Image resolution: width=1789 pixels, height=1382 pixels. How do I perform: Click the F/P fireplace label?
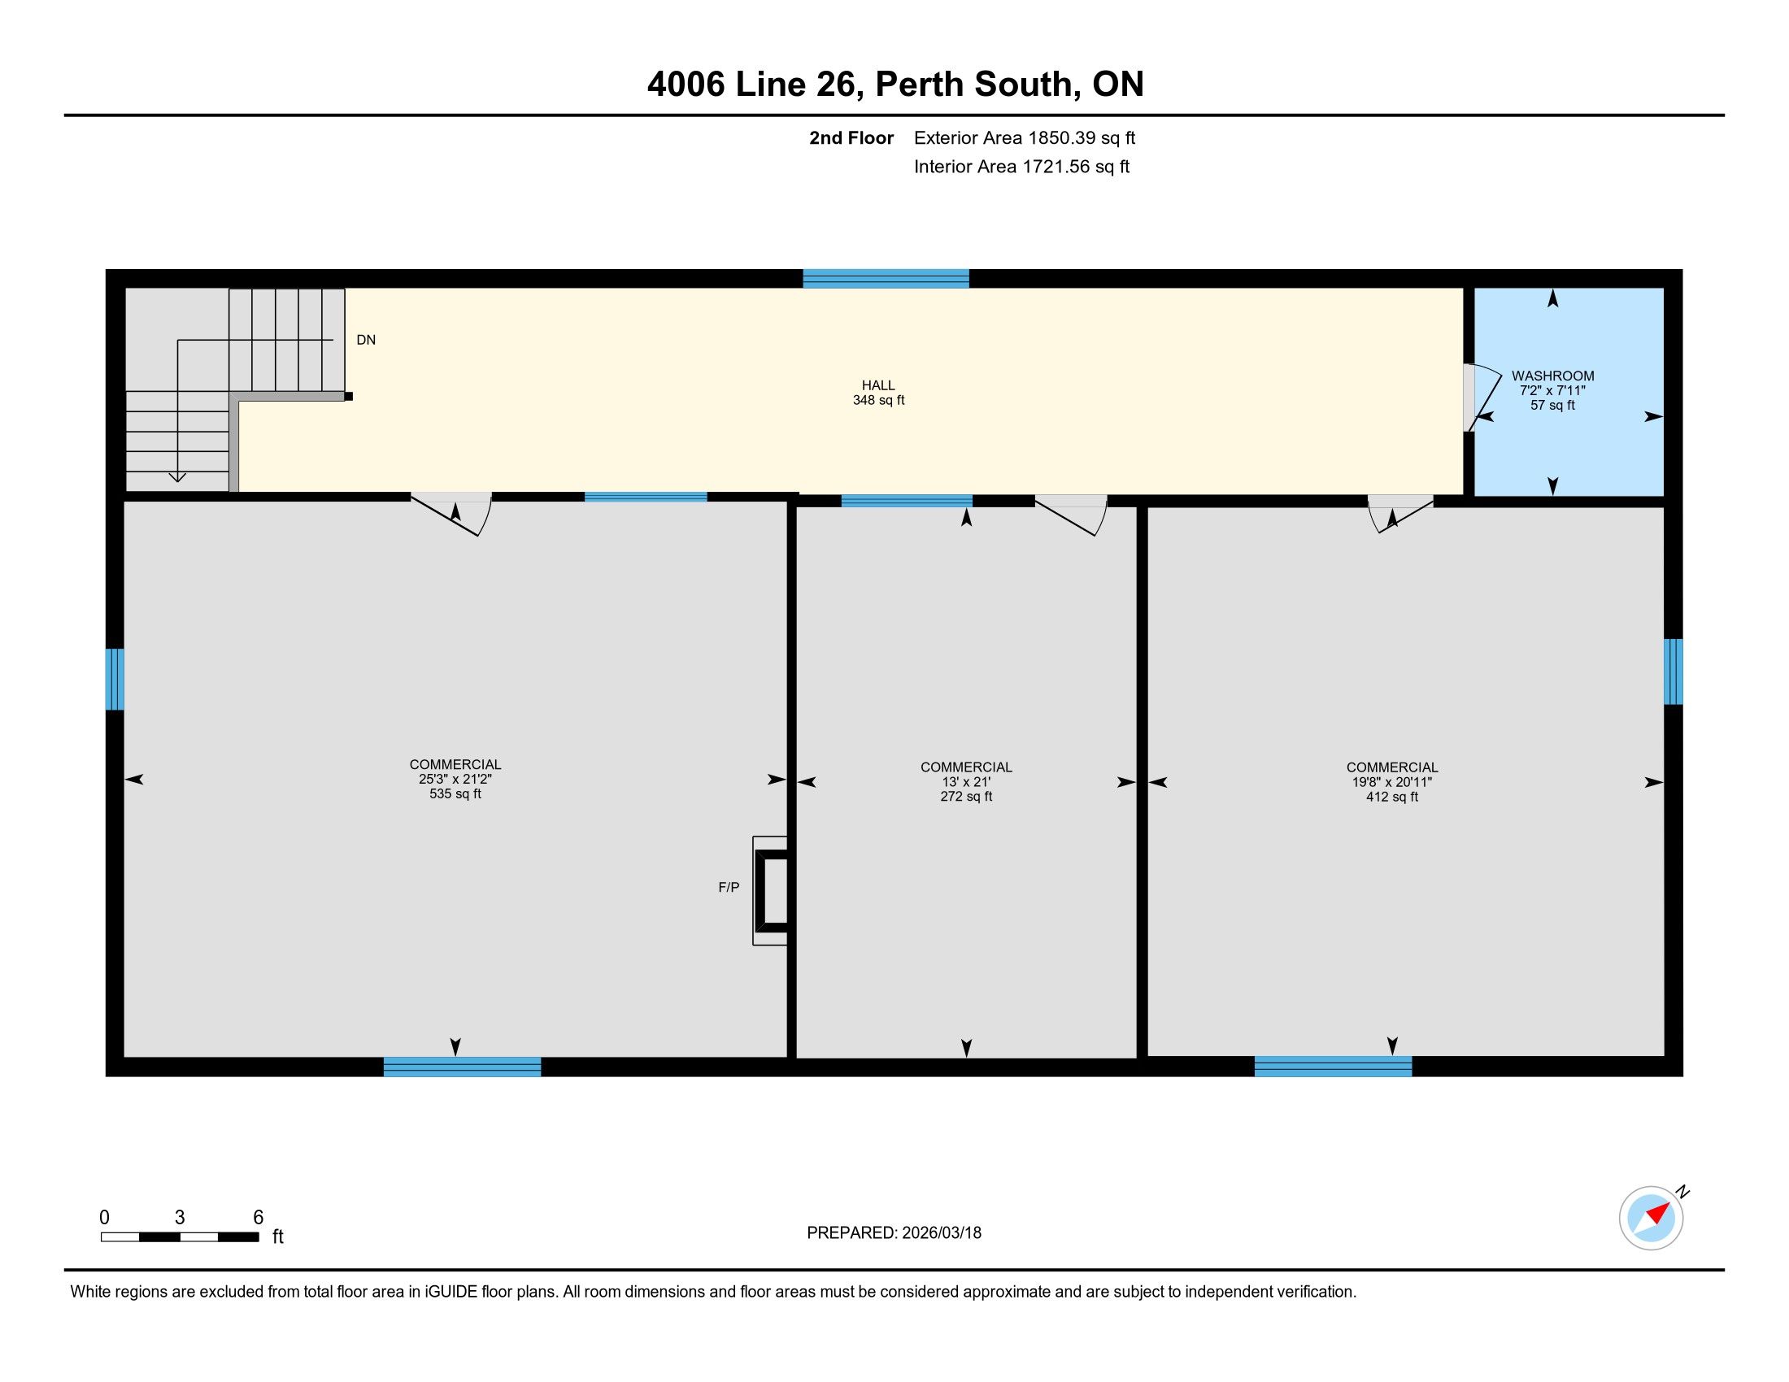point(729,888)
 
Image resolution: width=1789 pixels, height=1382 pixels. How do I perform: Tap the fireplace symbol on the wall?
point(771,891)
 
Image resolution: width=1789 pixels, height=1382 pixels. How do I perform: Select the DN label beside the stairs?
point(366,340)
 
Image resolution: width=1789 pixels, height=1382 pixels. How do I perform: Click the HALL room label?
point(878,385)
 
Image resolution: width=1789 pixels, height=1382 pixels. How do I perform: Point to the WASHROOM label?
point(1553,376)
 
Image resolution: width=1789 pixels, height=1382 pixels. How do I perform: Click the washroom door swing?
point(1482,397)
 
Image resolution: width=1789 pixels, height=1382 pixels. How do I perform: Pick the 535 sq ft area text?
point(455,794)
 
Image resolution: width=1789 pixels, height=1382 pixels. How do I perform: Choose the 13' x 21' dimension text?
point(967,782)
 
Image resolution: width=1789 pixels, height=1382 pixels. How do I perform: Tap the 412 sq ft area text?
point(1391,797)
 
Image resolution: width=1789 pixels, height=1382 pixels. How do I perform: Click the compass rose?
point(1652,1218)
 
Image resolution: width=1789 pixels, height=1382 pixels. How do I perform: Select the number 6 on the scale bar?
point(258,1218)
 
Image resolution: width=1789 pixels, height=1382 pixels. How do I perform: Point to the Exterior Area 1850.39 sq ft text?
point(1025,137)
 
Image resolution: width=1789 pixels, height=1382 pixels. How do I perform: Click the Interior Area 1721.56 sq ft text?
point(1021,166)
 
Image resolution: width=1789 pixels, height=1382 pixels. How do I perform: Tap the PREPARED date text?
point(894,1233)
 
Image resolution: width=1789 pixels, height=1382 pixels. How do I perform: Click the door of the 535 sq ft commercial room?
point(451,514)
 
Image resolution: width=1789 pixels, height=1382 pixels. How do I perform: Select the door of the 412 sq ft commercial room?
point(1400,513)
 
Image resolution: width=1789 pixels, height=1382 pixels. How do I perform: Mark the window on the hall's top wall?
point(886,278)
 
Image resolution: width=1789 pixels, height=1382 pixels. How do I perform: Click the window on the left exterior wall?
point(115,680)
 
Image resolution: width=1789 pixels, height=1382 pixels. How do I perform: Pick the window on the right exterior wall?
point(1674,671)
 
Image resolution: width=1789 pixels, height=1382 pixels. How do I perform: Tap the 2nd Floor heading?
point(851,137)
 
